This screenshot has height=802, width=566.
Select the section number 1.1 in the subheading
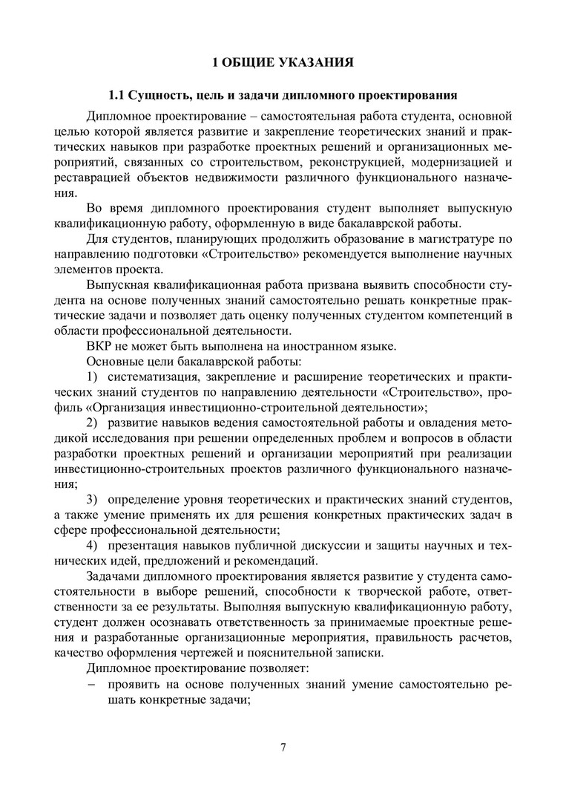[x=118, y=97]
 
